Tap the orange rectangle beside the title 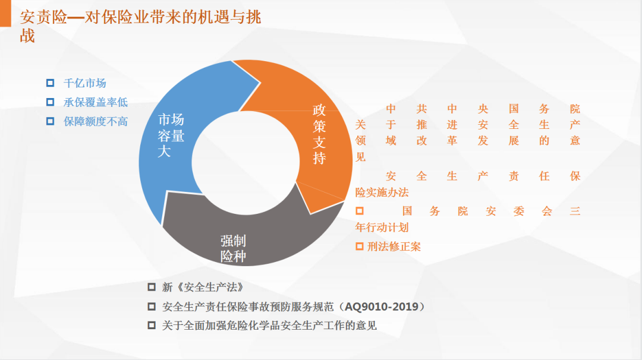tap(5, 13)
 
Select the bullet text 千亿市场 tap(85, 83)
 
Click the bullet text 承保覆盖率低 tap(95, 102)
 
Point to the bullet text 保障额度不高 tap(95, 121)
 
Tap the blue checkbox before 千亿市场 tap(50, 83)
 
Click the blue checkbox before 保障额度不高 tap(50, 121)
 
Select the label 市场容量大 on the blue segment tap(171, 135)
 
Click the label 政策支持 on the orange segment tap(319, 134)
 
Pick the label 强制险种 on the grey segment tap(233, 248)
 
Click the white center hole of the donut tap(246, 162)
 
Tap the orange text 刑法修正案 tap(394, 247)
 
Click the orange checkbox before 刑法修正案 tap(360, 247)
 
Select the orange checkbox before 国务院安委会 tap(360, 211)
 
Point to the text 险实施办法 tap(382, 192)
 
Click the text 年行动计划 tap(382, 228)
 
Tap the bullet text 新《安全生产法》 tap(203, 287)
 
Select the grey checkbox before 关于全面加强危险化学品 tap(152, 325)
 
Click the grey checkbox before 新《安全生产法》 tap(152, 287)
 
